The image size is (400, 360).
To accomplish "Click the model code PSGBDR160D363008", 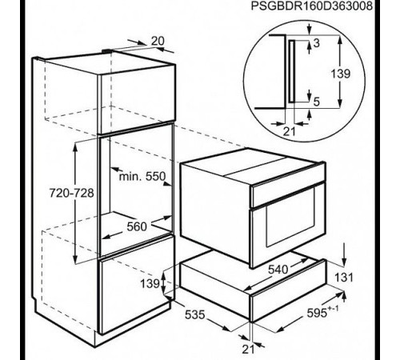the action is tap(311, 6).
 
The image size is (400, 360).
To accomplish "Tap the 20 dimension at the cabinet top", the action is tap(158, 41).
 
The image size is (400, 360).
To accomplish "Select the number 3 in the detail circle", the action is tap(316, 43).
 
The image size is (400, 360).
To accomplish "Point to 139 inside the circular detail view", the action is tap(341, 74).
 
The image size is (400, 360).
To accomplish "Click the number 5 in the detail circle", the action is tap(316, 102).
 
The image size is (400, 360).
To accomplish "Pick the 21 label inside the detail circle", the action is tap(290, 131).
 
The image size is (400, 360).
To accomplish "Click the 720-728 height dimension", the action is tap(71, 193).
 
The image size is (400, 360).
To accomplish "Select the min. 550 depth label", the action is tap(142, 176).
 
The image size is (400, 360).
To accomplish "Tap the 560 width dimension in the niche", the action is tap(137, 226).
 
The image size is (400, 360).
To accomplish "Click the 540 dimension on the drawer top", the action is tap(278, 270).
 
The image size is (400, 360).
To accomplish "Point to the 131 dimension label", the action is tap(344, 278).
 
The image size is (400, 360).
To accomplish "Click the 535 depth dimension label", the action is tap(195, 314).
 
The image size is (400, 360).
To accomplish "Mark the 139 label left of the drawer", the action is tap(150, 283).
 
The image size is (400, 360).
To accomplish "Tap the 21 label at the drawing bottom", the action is tap(248, 349).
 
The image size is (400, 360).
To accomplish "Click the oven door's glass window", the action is tap(290, 218).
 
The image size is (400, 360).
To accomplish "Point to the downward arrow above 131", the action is tap(344, 254).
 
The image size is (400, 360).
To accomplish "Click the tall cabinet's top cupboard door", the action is tap(138, 99).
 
